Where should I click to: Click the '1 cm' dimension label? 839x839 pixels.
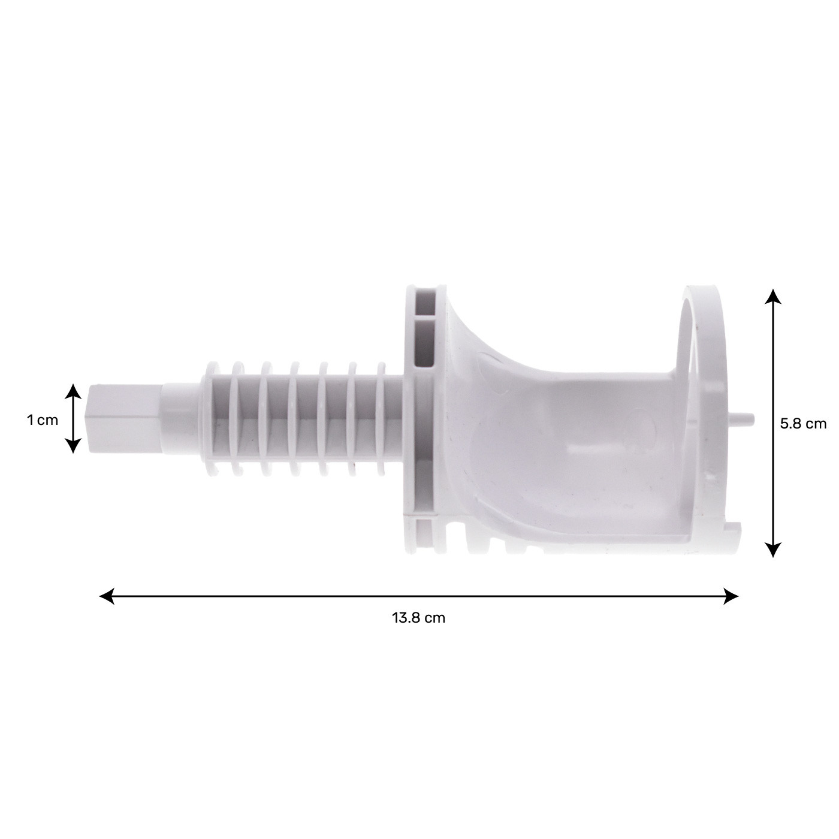[x=42, y=421]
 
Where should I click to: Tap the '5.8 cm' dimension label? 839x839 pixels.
[x=803, y=424]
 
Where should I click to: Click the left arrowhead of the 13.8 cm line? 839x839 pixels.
[x=107, y=596]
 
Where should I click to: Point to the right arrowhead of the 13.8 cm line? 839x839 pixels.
[x=731, y=596]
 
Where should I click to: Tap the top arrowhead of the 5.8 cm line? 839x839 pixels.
[x=773, y=296]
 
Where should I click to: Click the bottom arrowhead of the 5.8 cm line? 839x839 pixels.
[x=773, y=550]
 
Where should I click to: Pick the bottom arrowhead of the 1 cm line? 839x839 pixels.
[x=73, y=446]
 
